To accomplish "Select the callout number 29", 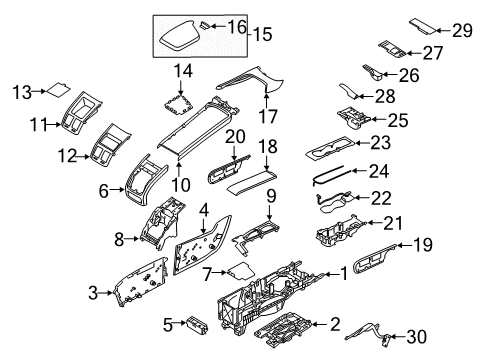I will pos(462,31).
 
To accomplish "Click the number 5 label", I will pos(169,323).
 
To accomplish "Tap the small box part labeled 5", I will pos(198,324).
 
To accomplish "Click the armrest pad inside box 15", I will pos(184,38).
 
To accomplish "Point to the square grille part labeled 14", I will pos(182,101).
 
